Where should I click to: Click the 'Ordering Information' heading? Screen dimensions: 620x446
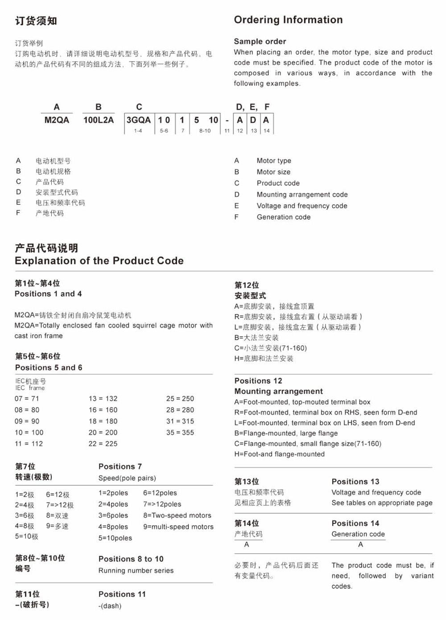click(288, 20)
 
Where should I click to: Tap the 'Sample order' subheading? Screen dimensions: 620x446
click(260, 42)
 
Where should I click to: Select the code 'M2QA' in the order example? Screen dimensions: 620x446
click(57, 120)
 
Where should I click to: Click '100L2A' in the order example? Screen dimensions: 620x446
click(99, 120)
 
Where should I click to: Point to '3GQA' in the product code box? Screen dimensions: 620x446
click(138, 120)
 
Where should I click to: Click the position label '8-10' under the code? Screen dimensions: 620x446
click(205, 131)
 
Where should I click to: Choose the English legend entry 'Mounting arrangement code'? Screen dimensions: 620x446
click(302, 195)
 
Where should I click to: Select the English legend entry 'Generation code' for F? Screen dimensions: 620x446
click(284, 217)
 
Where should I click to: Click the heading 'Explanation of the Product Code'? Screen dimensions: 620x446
click(99, 261)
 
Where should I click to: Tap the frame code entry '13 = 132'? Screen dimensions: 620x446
click(103, 399)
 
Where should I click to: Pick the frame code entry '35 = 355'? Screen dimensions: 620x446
click(180, 433)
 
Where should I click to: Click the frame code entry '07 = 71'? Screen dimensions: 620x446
click(27, 399)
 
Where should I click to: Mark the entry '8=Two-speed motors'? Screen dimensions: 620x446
click(177, 516)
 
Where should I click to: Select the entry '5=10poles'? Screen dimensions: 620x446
click(115, 538)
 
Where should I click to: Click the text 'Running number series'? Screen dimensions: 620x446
click(136, 570)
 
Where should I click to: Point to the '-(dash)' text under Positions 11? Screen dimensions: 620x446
click(110, 606)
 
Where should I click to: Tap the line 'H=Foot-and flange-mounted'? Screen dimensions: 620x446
click(280, 454)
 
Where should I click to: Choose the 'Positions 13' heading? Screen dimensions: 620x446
click(355, 482)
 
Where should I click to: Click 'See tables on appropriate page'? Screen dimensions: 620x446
click(382, 503)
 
